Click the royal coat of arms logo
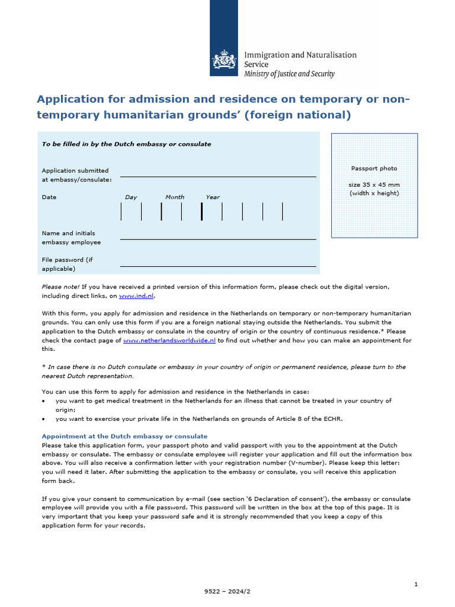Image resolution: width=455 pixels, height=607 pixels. pyautogui.click(x=224, y=60)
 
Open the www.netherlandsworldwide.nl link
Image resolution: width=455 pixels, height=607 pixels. pyautogui.click(x=170, y=341)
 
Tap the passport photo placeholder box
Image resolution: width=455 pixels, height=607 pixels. pyautogui.click(x=374, y=185)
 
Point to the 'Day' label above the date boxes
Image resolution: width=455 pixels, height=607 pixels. pyautogui.click(x=131, y=197)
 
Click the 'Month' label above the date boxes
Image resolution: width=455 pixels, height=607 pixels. pyautogui.click(x=175, y=197)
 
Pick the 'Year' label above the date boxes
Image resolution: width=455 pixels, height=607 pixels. pyautogui.click(x=213, y=197)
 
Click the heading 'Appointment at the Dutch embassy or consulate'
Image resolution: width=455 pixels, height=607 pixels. pyautogui.click(x=124, y=436)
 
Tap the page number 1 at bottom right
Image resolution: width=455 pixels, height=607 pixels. pyautogui.click(x=416, y=584)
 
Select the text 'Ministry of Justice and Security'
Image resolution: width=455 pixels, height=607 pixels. pyautogui.click(x=289, y=74)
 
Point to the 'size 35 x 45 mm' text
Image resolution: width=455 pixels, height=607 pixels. pyautogui.click(x=374, y=185)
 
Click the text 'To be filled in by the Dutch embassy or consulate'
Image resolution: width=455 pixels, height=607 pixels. pyautogui.click(x=126, y=144)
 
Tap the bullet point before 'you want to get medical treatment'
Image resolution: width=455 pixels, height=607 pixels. pyautogui.click(x=44, y=401)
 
